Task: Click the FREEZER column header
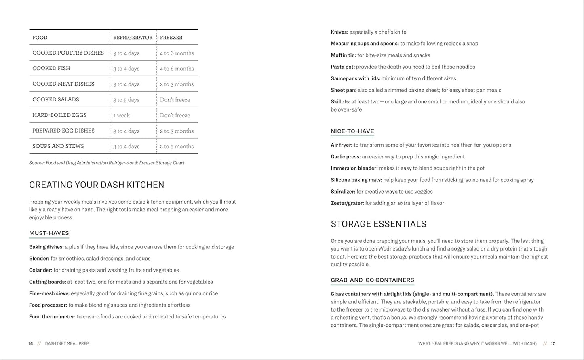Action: click(171, 38)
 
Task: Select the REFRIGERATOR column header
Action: click(133, 38)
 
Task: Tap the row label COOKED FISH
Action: click(51, 68)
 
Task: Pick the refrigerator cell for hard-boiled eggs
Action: click(121, 115)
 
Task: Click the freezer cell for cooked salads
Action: click(175, 100)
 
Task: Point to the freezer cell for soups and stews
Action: click(177, 146)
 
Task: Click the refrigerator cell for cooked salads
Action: click(126, 100)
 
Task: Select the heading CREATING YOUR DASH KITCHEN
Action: click(97, 185)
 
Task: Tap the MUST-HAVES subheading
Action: click(49, 233)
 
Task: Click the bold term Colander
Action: click(40, 270)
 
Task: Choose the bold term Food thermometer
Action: click(52, 317)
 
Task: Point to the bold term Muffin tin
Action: click(343, 55)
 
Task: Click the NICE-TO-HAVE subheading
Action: click(352, 131)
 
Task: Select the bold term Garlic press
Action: click(346, 157)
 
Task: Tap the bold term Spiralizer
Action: click(343, 192)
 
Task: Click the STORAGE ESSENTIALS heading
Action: click(379, 224)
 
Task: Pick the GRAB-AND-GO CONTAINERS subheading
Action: click(372, 280)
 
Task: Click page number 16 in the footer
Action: click(31, 344)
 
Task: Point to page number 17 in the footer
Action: click(553, 344)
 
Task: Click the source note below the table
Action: click(107, 163)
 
